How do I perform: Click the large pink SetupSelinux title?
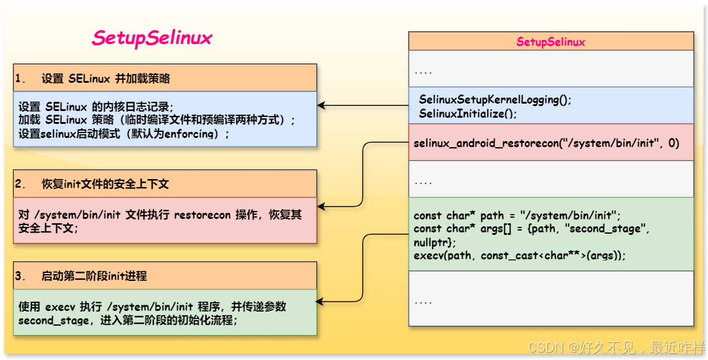pos(152,38)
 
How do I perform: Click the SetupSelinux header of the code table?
pos(550,42)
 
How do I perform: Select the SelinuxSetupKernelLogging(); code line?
pos(495,99)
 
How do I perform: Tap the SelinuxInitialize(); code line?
pos(468,113)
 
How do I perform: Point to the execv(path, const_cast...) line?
pos(520,255)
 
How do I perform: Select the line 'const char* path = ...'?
pos(517,215)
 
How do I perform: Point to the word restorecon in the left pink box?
pos(203,215)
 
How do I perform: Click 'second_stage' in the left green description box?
pos(53,320)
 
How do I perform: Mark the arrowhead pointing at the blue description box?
pos(321,106)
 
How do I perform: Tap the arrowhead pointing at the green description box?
pos(321,301)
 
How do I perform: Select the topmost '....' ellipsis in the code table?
pos(423,71)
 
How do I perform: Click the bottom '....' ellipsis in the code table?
pos(423,301)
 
